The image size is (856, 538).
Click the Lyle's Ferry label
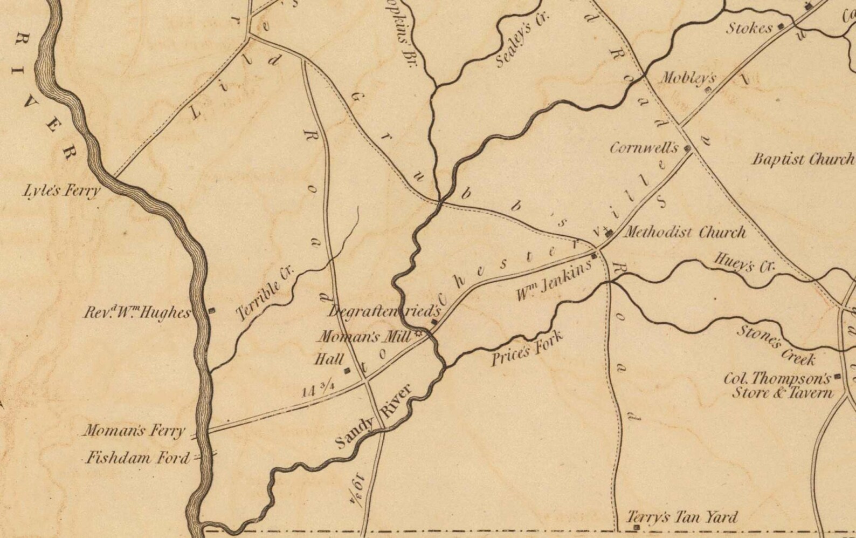(x=61, y=190)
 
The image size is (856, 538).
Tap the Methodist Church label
(x=685, y=233)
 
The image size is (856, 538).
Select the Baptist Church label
(x=803, y=159)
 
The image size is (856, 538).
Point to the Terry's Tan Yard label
(x=682, y=517)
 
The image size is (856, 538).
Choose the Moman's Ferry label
(x=134, y=431)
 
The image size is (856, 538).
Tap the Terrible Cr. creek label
(x=265, y=294)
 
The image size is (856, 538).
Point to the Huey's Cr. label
(x=744, y=263)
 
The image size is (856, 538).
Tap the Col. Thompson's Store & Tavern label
(x=778, y=385)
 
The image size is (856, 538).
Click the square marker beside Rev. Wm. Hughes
(x=212, y=310)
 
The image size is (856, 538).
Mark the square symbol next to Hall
(x=347, y=370)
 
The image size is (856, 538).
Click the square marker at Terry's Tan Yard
(x=637, y=527)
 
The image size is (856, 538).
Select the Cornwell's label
(x=644, y=147)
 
